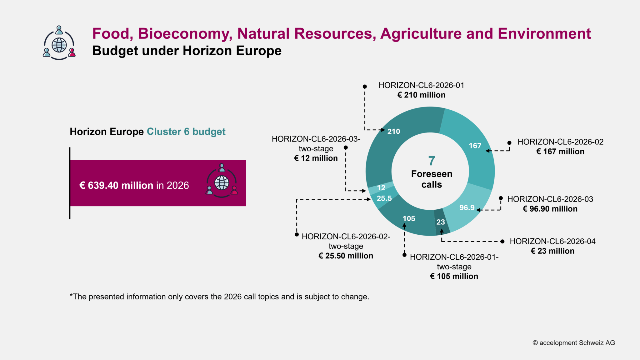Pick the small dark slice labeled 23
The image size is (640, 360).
[441, 222]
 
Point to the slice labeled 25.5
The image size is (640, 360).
[384, 198]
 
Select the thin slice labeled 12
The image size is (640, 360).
[381, 187]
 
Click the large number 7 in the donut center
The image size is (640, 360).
[432, 161]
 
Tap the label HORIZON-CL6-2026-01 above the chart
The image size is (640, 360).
[421, 85]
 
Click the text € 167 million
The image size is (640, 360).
[560, 152]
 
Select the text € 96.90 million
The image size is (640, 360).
[550, 209]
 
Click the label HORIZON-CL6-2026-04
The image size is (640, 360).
[552, 241]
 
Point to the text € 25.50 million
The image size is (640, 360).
[346, 256]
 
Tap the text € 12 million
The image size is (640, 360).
[316, 158]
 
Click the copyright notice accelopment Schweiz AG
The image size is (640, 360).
[574, 343]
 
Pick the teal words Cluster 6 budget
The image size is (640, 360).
[186, 132]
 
